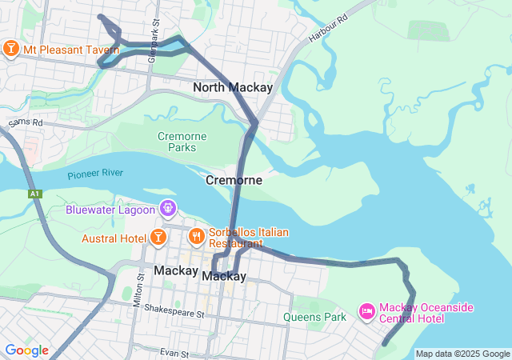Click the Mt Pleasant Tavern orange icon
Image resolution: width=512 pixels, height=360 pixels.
coord(11,49)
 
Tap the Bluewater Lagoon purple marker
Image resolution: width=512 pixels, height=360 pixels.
coord(168,210)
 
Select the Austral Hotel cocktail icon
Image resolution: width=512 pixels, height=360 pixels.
coord(158,238)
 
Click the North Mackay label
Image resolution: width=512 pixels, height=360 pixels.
coord(233,87)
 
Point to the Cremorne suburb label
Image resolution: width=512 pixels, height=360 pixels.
coord(234,180)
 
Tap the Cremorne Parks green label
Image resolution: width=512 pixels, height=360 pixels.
coord(182,142)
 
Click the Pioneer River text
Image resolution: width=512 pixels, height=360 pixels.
coord(94,174)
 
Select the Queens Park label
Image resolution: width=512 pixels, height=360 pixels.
coord(314,317)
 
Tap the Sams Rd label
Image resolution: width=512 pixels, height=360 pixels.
coord(26,122)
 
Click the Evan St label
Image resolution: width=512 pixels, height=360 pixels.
coord(173,353)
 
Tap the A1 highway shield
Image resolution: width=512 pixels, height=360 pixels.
coord(34,194)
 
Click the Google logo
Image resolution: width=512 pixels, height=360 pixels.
coord(26,350)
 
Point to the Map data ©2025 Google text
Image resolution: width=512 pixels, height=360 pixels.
coord(462,354)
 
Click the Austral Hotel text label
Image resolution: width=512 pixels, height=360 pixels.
coord(114,238)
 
